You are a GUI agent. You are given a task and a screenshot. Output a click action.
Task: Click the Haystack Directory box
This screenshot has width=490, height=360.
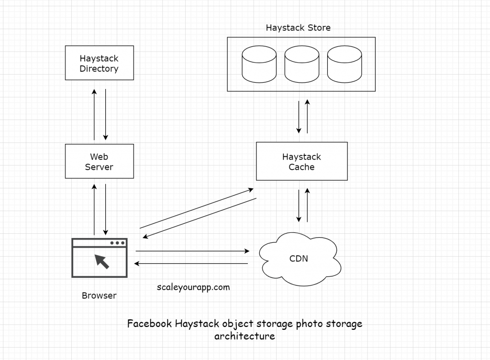99,63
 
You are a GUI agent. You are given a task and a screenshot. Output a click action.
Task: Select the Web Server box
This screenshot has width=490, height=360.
99,162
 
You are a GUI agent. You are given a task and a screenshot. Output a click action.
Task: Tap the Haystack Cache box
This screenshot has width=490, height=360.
301,162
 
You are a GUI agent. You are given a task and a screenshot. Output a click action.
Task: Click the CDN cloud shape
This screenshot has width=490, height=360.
299,259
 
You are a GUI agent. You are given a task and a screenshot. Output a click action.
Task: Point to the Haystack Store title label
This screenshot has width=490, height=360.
298,28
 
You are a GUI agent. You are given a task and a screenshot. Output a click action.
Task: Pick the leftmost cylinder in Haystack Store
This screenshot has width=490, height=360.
259,64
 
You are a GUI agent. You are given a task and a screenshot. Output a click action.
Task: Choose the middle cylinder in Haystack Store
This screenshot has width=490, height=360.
301,64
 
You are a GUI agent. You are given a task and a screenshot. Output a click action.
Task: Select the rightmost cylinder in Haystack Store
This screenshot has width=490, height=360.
344,64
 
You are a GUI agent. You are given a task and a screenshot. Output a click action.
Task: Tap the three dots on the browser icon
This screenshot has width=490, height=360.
117,243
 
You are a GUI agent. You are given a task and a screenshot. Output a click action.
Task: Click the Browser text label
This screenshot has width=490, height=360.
99,295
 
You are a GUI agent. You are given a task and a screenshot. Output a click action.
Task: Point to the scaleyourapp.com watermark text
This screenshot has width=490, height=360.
193,287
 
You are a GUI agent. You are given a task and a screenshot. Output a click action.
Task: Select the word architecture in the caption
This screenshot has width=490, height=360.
245,336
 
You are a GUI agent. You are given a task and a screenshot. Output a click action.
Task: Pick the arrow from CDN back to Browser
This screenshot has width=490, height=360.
191,263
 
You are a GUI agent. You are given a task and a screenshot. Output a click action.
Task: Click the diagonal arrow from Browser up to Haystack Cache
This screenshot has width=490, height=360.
196,208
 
